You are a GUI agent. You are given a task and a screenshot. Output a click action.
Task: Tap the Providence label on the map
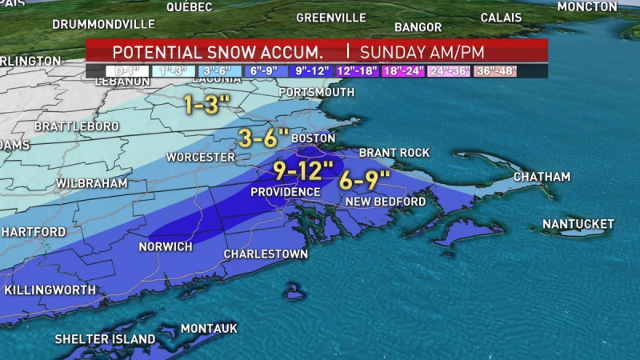[x=286, y=192]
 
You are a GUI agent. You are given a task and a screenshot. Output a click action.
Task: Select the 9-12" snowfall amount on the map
[x=303, y=170]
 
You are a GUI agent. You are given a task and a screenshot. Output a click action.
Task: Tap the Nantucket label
[x=578, y=224]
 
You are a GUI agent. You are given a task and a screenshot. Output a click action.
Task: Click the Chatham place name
[x=542, y=177]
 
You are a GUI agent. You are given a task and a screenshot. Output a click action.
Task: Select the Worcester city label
[x=200, y=157]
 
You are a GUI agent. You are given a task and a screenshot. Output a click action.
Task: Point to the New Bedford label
[x=386, y=202]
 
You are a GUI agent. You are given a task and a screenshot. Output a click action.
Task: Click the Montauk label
[x=209, y=329]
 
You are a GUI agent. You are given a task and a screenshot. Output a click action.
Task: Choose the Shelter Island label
[x=105, y=339]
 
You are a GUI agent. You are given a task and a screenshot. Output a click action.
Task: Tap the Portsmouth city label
[x=316, y=92]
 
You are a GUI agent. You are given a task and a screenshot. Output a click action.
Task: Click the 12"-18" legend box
[x=357, y=71]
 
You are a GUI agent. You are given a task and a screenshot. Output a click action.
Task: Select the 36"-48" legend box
[x=496, y=71]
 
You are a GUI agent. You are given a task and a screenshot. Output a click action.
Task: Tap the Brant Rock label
[x=394, y=152]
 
